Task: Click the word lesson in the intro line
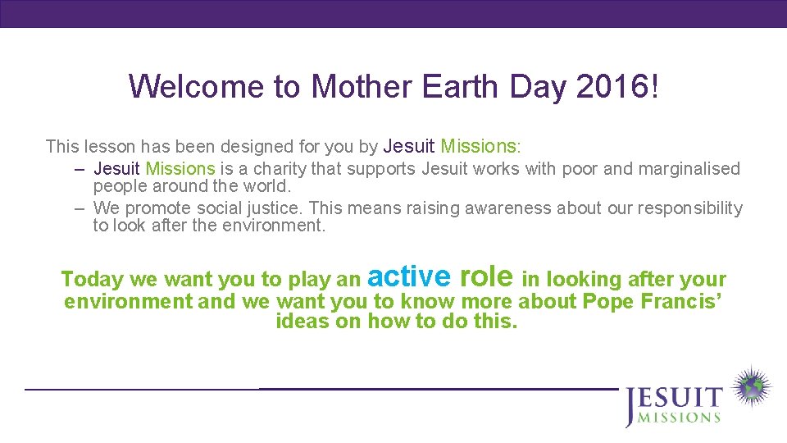[x=109, y=147]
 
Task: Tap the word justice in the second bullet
[x=275, y=208]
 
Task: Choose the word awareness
[x=508, y=208]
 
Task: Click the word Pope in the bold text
[x=607, y=301]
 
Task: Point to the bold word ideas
[x=303, y=321]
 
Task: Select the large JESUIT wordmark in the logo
[x=674, y=399]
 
